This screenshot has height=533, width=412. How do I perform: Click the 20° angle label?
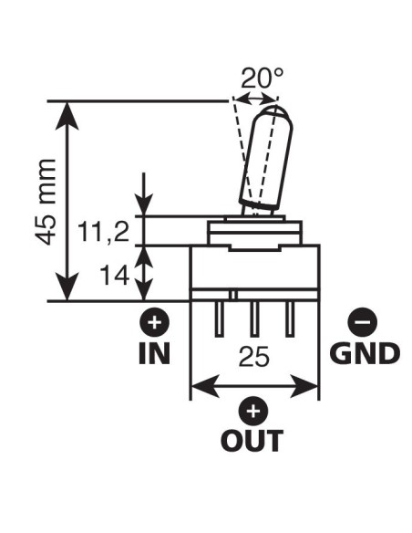click(262, 78)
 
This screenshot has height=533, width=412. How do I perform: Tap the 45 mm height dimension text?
click(46, 202)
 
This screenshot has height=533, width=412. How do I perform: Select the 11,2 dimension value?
click(104, 231)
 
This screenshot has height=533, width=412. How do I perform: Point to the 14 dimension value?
click(115, 275)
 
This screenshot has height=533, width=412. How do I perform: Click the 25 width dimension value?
click(254, 357)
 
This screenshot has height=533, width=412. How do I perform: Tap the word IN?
click(155, 353)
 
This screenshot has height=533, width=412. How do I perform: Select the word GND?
click(365, 353)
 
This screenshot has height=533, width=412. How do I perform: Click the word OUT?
click(252, 440)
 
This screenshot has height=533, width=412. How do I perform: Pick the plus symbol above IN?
click(155, 322)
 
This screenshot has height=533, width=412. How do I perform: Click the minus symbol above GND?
click(363, 321)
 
